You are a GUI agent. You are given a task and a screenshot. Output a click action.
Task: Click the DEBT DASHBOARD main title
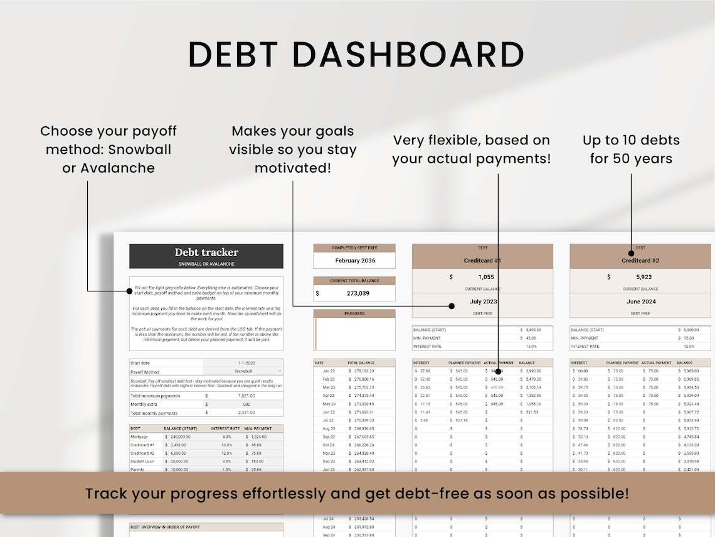coord(356,54)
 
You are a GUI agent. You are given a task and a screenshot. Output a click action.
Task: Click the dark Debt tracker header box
coord(206,256)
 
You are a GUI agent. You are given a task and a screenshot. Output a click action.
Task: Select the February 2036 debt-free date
coord(355,261)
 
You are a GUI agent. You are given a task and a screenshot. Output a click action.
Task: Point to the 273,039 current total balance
coord(358,293)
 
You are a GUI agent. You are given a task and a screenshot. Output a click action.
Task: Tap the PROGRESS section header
coord(354,313)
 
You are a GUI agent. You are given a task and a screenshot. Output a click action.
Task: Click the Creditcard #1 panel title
coord(482,260)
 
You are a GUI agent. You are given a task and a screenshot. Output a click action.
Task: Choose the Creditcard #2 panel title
coord(640,260)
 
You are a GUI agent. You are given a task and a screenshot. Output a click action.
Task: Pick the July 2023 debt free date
coord(482,301)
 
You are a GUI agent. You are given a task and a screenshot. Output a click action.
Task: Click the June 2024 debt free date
coord(640,301)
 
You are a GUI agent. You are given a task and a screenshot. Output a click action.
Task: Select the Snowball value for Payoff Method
coord(244,372)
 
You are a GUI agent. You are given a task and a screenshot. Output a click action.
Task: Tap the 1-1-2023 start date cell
coord(244,363)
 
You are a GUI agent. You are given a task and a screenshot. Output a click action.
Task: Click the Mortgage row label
coord(139,437)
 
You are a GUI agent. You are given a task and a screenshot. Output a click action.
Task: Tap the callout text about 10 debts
coord(631,149)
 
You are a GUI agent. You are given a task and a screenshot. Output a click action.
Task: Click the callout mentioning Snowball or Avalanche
coord(109,149)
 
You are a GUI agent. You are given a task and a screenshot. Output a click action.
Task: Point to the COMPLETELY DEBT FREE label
coord(354,248)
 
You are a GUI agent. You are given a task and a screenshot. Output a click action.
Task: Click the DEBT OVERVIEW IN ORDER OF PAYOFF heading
coord(165,527)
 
